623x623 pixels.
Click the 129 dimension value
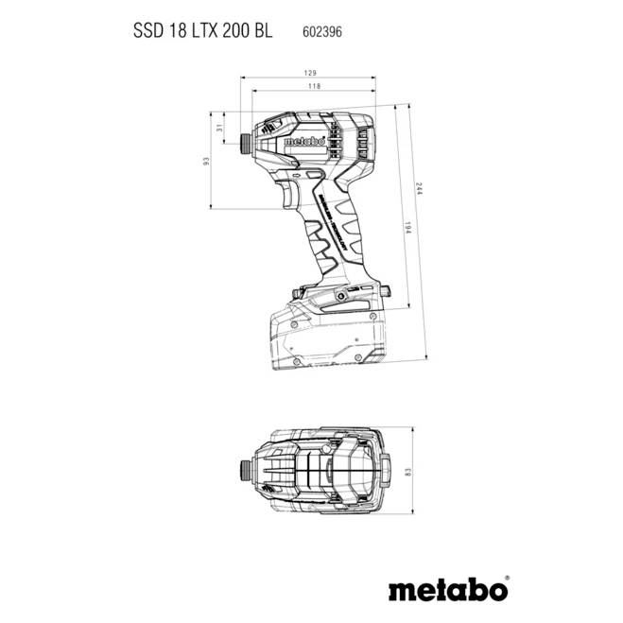(309, 73)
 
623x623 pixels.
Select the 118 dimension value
(313, 87)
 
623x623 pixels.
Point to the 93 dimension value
(205, 161)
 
